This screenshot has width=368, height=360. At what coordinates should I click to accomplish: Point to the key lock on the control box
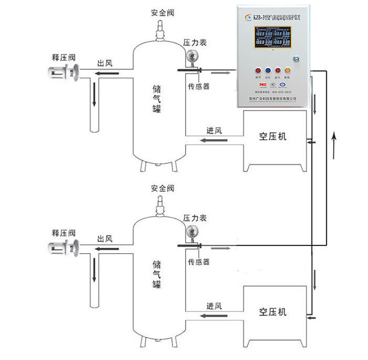point(296,58)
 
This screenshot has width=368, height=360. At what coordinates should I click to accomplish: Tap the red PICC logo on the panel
point(263,85)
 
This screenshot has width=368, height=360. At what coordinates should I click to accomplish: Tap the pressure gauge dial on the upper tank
point(191,56)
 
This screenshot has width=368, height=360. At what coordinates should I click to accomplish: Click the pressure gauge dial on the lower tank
point(191,232)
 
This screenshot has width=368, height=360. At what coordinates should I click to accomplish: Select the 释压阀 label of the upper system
point(62,57)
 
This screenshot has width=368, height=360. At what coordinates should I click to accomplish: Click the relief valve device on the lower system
point(65,247)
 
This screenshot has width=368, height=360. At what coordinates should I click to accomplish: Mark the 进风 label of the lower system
point(214,306)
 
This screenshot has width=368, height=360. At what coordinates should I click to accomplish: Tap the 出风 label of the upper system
point(105,64)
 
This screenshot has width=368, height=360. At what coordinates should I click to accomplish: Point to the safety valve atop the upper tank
point(160,28)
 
